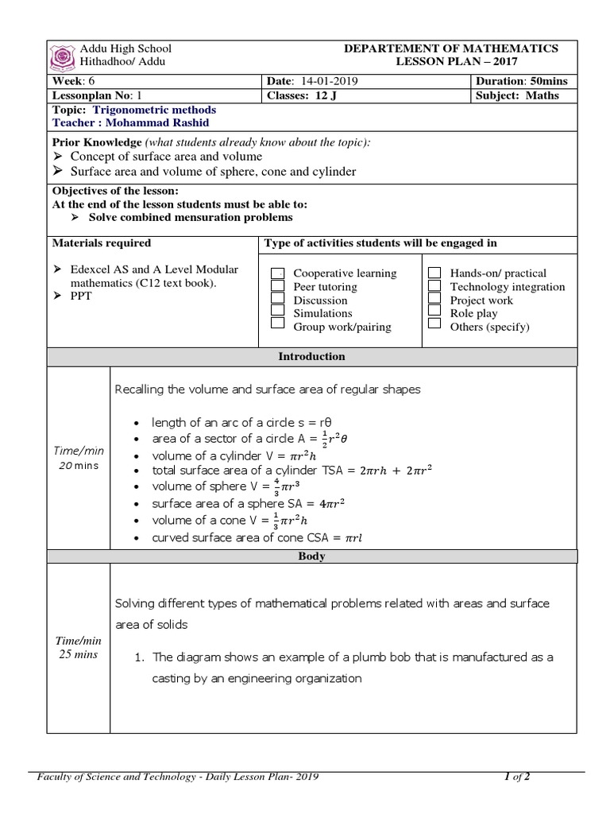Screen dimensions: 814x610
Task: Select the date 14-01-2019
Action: click(325, 82)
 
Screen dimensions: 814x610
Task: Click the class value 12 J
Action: click(326, 95)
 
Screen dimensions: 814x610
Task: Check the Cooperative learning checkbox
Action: click(278, 273)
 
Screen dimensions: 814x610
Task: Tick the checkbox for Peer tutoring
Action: click(278, 286)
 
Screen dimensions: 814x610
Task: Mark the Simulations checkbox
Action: click(278, 312)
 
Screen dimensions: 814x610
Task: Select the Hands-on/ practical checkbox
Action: click(434, 273)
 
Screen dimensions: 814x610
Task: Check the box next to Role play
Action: click(434, 312)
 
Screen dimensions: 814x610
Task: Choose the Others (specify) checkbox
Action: click(434, 325)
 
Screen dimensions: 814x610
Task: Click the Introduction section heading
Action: click(311, 357)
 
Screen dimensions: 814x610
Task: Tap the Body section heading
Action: click(311, 556)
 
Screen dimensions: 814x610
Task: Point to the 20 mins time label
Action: click(78, 466)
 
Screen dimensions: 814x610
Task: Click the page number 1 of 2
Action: click(517, 777)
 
